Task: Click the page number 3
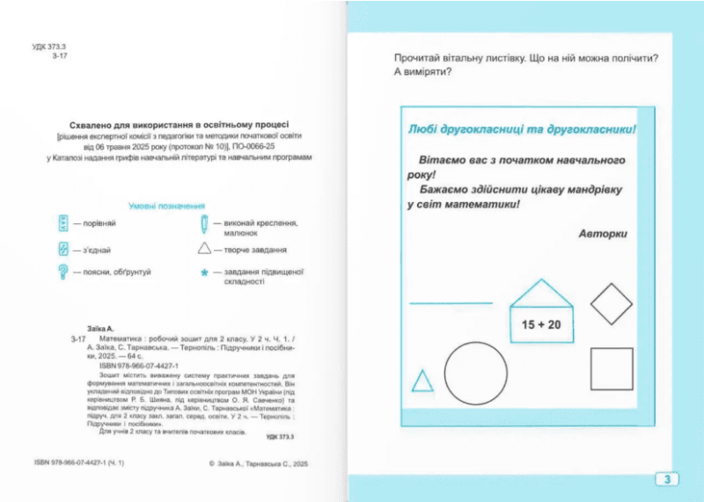(667, 479)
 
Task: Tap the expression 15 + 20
(541, 324)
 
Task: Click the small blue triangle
(423, 382)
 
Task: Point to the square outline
(612, 370)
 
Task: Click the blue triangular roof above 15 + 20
(541, 294)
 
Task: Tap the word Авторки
(604, 234)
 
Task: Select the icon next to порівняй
(63, 223)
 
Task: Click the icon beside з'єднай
(63, 250)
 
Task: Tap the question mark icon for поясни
(63, 273)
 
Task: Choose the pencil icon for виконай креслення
(204, 223)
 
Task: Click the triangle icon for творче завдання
(204, 250)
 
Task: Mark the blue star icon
(204, 273)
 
